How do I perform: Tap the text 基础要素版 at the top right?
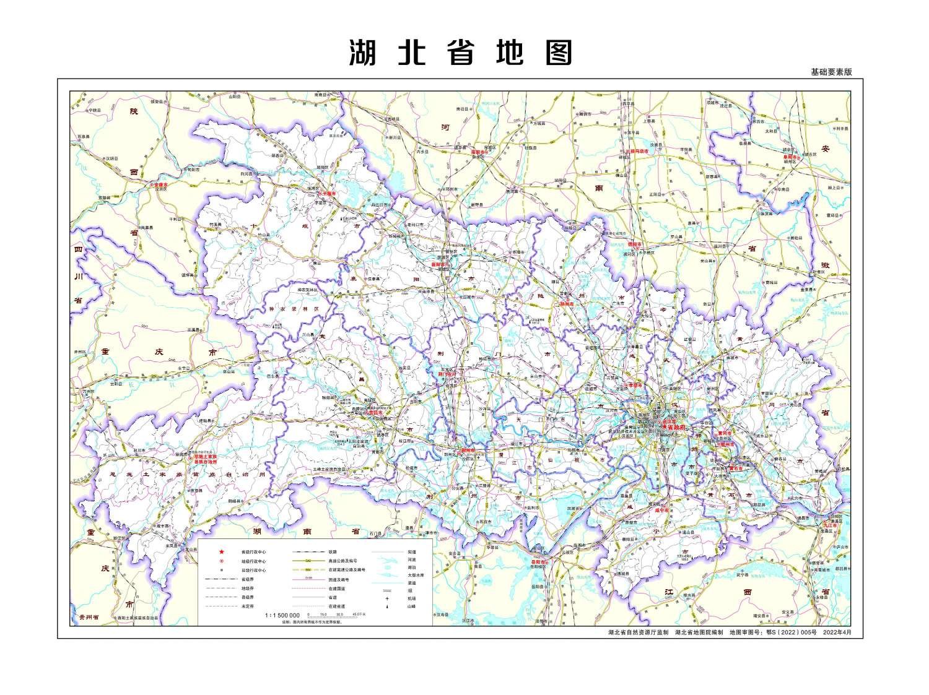click(831, 72)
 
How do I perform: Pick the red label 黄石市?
click(736, 468)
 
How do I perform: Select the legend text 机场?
click(411, 598)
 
